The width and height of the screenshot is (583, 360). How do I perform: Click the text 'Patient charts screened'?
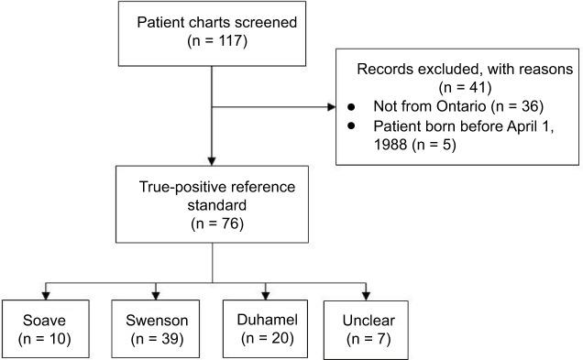click(212, 22)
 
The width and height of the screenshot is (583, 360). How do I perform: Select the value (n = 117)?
click(212, 41)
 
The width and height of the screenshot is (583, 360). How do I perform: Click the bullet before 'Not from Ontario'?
click(351, 108)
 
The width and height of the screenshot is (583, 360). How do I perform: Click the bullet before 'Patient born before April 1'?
click(351, 126)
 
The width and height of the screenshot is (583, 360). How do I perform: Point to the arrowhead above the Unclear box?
click(367, 294)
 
